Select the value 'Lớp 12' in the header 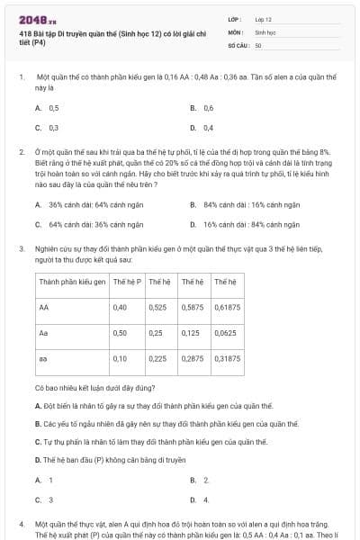click(x=264, y=19)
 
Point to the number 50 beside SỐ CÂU click(x=258, y=44)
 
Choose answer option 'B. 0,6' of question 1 click(x=202, y=108)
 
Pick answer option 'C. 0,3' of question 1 click(x=47, y=128)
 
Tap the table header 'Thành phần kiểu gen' click(x=71, y=282)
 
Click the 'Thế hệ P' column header click(x=126, y=282)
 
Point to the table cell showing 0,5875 click(x=193, y=307)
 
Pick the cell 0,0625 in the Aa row click(x=228, y=333)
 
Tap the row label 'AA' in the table click(x=44, y=307)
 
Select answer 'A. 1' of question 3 click(x=44, y=480)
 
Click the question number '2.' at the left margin click(x=21, y=154)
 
